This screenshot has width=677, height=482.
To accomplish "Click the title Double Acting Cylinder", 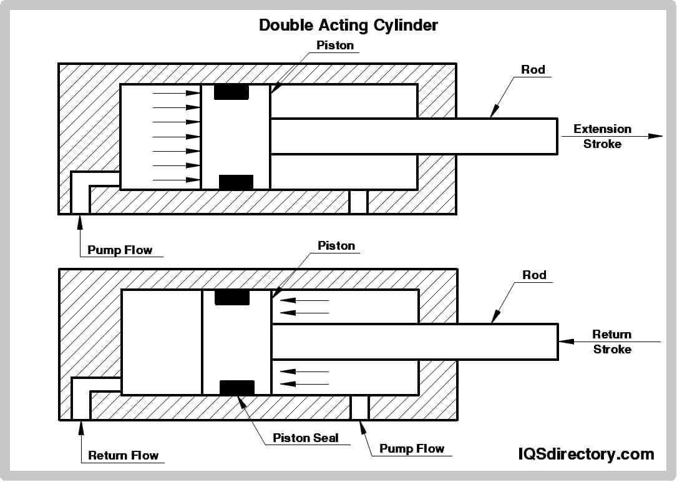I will [x=348, y=25].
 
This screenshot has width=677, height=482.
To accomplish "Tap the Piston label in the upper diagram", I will [x=335, y=45].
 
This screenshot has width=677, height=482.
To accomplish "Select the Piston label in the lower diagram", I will [x=336, y=245].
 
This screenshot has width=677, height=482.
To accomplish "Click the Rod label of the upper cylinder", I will [x=533, y=69].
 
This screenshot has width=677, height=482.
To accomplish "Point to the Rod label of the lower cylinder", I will [x=533, y=275].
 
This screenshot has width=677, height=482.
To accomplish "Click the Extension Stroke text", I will [x=602, y=136].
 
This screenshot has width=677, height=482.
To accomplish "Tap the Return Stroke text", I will [x=611, y=342].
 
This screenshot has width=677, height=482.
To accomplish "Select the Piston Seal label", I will [x=306, y=438].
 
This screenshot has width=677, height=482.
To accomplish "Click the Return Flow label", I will [x=124, y=455].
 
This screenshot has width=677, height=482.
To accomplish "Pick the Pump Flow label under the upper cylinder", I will [x=120, y=250].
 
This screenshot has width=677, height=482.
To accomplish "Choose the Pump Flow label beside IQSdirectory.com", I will [x=412, y=448].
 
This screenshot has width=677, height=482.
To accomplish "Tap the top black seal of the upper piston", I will [x=231, y=92].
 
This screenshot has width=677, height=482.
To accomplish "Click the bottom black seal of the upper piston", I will [x=236, y=182].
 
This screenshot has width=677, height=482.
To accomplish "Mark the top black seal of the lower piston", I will [x=232, y=297].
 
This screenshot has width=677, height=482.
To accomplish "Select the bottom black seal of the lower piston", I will [x=237, y=388].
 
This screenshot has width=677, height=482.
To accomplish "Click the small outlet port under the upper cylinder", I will [x=358, y=202].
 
